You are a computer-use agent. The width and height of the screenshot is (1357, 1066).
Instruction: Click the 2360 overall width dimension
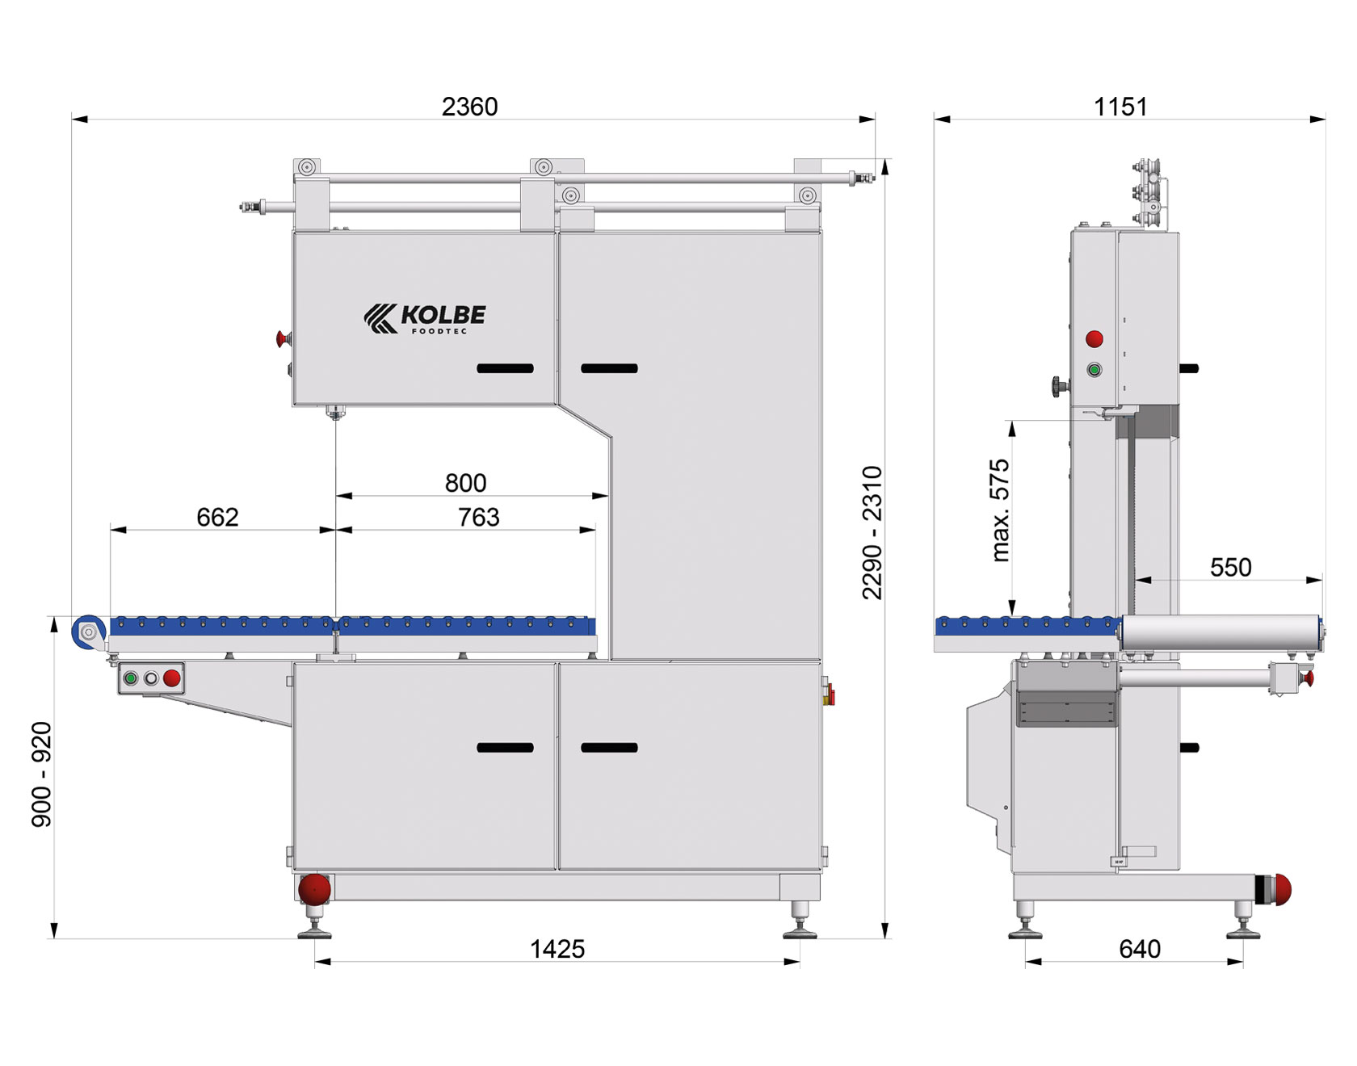[469, 107]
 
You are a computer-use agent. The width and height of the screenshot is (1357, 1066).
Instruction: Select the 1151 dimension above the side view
[1120, 107]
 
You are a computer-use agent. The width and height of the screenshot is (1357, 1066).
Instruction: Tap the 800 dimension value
[465, 483]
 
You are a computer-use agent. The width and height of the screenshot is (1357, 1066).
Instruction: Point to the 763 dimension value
[478, 517]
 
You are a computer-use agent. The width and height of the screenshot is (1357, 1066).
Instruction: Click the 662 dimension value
[217, 517]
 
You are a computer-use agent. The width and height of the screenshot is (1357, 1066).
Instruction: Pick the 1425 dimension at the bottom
[557, 949]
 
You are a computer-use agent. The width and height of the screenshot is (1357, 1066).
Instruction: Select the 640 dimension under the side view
[1140, 949]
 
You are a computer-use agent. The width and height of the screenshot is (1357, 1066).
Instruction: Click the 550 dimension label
[1230, 568]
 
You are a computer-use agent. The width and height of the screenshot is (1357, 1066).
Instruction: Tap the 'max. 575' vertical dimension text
[1000, 510]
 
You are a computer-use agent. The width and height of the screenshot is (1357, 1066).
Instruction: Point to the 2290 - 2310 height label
[872, 533]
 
